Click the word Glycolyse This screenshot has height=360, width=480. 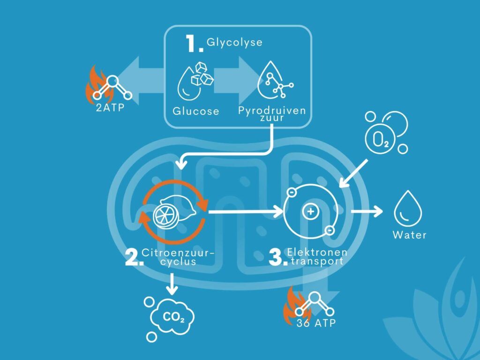(x=234, y=42)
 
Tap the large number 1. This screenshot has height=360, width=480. (x=194, y=44)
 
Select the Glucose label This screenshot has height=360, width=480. (x=196, y=111)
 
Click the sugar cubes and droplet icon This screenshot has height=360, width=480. (x=195, y=81)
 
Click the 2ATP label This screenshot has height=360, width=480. (x=110, y=108)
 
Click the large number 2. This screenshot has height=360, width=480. (x=134, y=258)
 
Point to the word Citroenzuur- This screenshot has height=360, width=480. (x=178, y=253)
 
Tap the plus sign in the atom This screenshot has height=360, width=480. (x=311, y=211)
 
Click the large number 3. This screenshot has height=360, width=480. (x=278, y=258)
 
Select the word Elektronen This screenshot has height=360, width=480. (x=317, y=252)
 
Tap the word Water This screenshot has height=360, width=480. (x=410, y=235)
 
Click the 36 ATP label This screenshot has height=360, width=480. (x=316, y=323)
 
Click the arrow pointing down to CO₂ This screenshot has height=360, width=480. (x=172, y=284)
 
